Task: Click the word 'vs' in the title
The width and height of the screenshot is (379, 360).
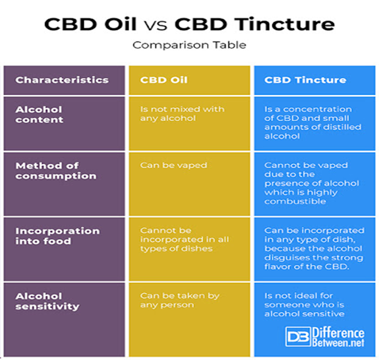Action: click(x=156, y=25)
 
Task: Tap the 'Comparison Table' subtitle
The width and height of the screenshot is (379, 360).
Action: click(x=189, y=45)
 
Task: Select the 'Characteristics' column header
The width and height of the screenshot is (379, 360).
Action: click(x=62, y=80)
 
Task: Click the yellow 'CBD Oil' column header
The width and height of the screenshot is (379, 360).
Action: click(x=163, y=80)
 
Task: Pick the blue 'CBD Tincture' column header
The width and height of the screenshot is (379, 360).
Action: click(x=305, y=80)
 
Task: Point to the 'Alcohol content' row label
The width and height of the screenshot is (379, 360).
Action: click(x=39, y=115)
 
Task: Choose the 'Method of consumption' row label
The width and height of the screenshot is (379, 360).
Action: click(x=56, y=171)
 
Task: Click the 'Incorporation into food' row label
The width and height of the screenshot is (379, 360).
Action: click(x=57, y=236)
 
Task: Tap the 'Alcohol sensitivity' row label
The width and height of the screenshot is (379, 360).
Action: click(x=47, y=301)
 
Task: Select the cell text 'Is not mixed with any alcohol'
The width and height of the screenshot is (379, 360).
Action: click(x=182, y=113)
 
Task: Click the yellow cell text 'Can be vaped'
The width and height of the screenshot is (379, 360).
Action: click(x=173, y=165)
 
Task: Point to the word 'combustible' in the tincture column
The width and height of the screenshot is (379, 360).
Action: click(x=295, y=201)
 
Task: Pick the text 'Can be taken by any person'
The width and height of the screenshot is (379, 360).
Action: click(x=180, y=300)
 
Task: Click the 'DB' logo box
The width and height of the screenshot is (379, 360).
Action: click(x=298, y=336)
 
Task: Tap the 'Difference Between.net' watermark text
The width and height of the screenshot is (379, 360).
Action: click(x=338, y=337)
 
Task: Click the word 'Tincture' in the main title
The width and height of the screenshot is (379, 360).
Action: click(x=285, y=24)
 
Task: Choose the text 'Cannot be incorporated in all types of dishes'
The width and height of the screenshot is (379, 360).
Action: click(x=185, y=239)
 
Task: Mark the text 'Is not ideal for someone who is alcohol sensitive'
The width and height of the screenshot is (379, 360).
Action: click(x=305, y=305)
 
